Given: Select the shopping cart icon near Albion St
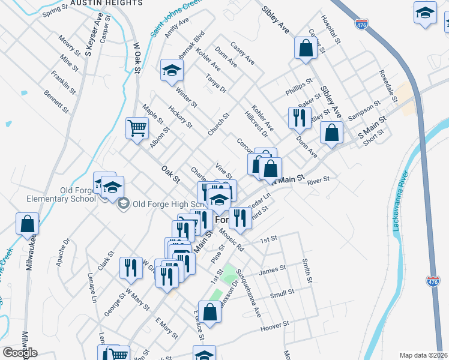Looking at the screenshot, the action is pyautogui.click(x=137, y=128).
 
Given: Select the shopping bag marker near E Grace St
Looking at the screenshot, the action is pyautogui.click(x=210, y=312).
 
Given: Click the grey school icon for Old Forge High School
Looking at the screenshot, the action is pyautogui.click(x=123, y=203).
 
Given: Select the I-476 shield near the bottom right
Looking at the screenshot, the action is pyautogui.click(x=432, y=281).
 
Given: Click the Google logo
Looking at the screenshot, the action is pyautogui.click(x=20, y=353).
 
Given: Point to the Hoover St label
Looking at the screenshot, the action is pyautogui.click(x=274, y=326).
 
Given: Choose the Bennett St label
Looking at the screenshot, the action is pyautogui.click(x=56, y=101).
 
